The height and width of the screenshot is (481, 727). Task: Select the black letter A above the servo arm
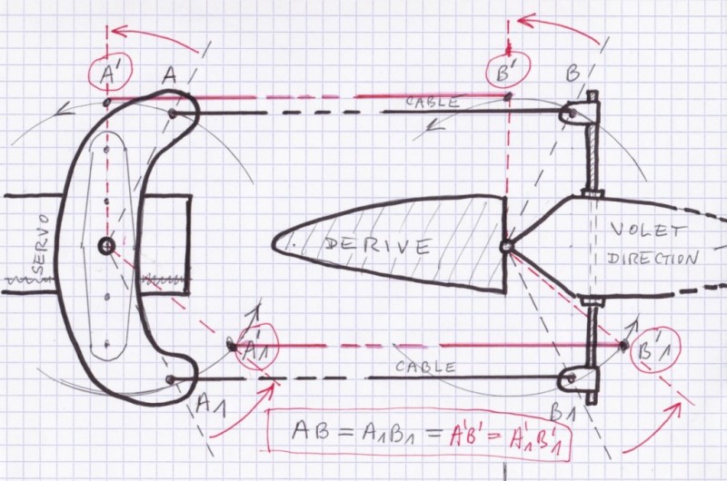coord(170,74)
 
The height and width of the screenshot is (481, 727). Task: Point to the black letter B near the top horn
coord(573,74)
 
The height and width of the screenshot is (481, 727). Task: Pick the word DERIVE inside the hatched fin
coord(377,245)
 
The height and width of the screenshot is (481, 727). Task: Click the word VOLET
coord(647,231)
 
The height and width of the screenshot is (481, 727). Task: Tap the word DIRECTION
coord(652,259)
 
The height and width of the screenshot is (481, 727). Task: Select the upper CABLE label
coord(433,101)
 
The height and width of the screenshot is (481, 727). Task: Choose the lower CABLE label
coord(425,368)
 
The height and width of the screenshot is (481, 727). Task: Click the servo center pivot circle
coord(106,245)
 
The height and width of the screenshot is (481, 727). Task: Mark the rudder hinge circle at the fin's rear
coord(506,247)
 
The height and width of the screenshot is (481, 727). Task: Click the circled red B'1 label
coord(655,351)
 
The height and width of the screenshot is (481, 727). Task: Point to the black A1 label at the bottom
coord(211,406)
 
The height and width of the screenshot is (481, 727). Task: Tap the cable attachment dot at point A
coord(172,113)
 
